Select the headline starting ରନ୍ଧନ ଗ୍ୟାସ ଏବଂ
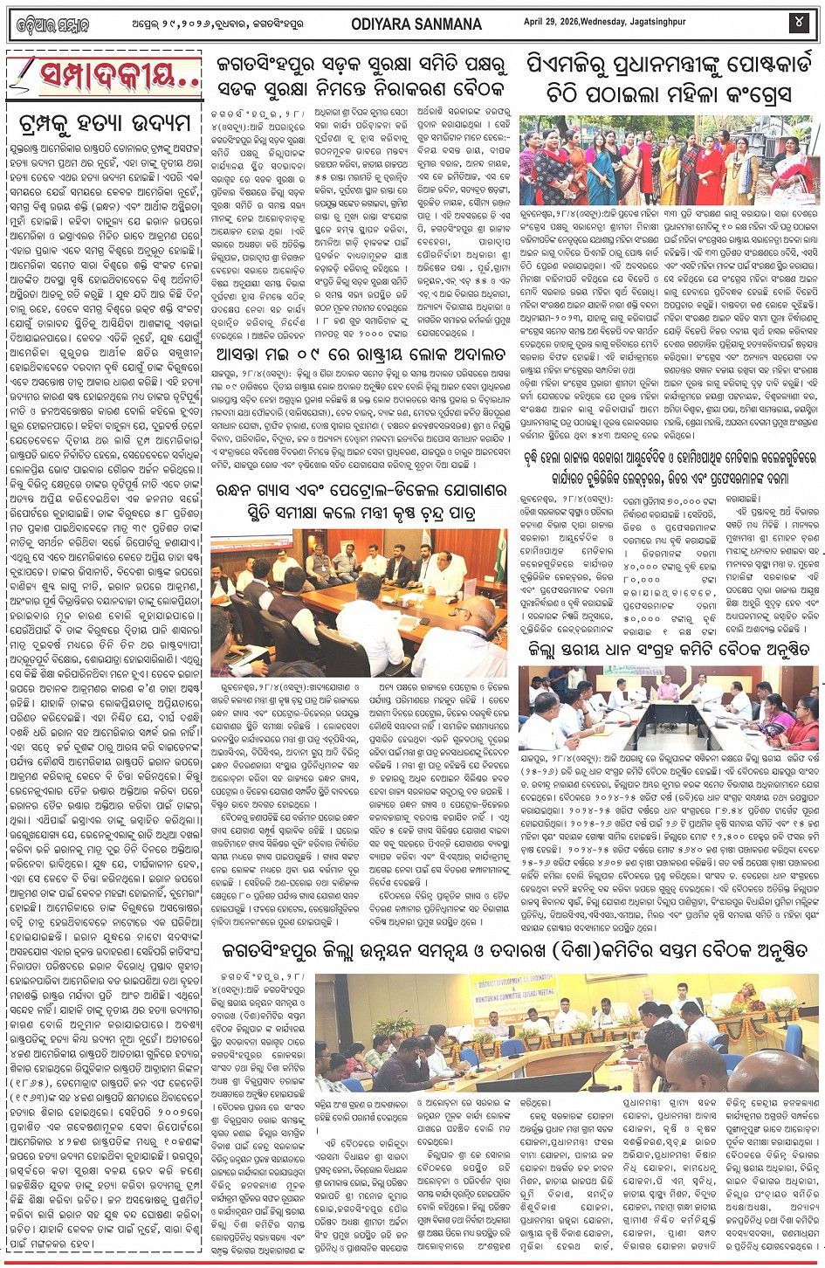361,500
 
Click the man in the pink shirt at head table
666,693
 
